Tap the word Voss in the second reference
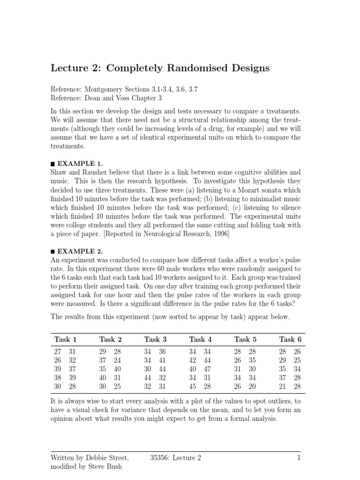click(129, 97)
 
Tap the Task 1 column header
click(65, 339)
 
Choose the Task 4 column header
click(200, 339)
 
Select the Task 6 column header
click(290, 339)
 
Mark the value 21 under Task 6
click(282, 386)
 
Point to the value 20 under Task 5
click(252, 386)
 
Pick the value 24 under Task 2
click(117, 360)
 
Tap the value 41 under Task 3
click(162, 360)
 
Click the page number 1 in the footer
click(298, 458)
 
